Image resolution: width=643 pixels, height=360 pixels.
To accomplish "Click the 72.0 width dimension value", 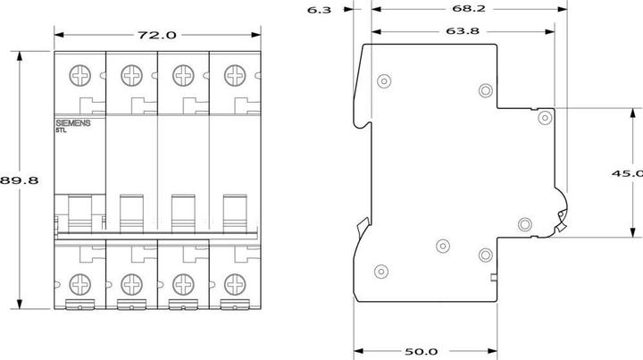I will point(156,35).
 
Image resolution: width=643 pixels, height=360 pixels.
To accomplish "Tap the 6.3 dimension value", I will point(319,11).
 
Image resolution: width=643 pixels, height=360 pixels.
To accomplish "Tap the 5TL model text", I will point(61,130).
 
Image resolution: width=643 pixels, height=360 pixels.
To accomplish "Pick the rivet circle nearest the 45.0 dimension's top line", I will point(544,116).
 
